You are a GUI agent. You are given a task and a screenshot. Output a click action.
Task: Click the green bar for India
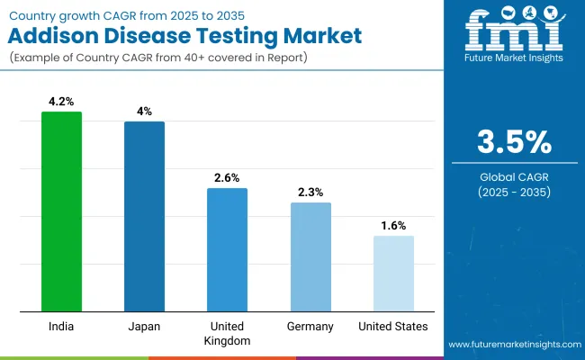(x=61, y=211)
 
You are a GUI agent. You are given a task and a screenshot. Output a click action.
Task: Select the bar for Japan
(x=144, y=217)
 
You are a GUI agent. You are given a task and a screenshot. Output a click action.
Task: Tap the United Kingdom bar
(x=227, y=250)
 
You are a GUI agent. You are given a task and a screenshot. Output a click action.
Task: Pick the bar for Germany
(x=310, y=257)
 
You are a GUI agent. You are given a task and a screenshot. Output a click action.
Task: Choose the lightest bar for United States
(x=393, y=274)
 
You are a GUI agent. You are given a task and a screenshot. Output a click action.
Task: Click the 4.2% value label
(x=61, y=102)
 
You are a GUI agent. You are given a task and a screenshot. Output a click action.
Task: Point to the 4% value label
(x=144, y=112)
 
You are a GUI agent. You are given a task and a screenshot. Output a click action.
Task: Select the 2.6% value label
(x=227, y=178)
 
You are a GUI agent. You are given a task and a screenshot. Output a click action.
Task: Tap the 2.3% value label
(x=310, y=193)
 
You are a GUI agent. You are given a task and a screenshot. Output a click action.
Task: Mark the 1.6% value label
(x=393, y=226)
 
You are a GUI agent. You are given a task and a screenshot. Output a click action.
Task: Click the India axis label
(x=61, y=326)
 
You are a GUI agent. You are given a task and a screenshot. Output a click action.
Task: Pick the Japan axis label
(x=144, y=326)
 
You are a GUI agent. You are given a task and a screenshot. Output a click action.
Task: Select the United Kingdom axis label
(x=227, y=333)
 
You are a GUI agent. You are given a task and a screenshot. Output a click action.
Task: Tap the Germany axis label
(x=310, y=326)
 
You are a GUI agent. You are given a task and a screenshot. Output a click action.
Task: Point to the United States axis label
(x=393, y=326)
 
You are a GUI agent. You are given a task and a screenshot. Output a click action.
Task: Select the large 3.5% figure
(x=514, y=143)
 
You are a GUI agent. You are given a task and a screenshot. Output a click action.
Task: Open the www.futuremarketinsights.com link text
(x=514, y=345)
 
